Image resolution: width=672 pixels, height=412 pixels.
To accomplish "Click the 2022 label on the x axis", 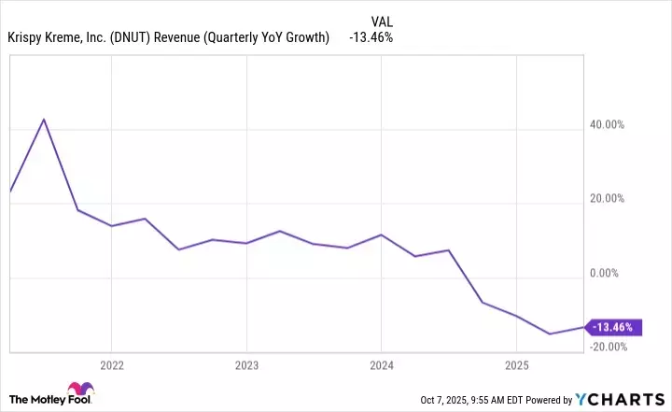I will (111, 364).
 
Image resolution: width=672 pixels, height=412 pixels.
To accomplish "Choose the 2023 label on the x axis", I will (245, 364).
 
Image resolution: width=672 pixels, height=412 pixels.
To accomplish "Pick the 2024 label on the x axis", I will (381, 364).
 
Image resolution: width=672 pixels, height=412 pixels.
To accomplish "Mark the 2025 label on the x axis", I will (516, 364).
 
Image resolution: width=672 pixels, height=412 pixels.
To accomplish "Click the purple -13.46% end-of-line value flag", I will (612, 327).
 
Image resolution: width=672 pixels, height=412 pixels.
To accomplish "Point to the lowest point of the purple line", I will (550, 334).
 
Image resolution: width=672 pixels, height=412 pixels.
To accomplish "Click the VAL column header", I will (383, 19).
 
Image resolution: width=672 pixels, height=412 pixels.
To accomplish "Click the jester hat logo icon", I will (78, 391).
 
